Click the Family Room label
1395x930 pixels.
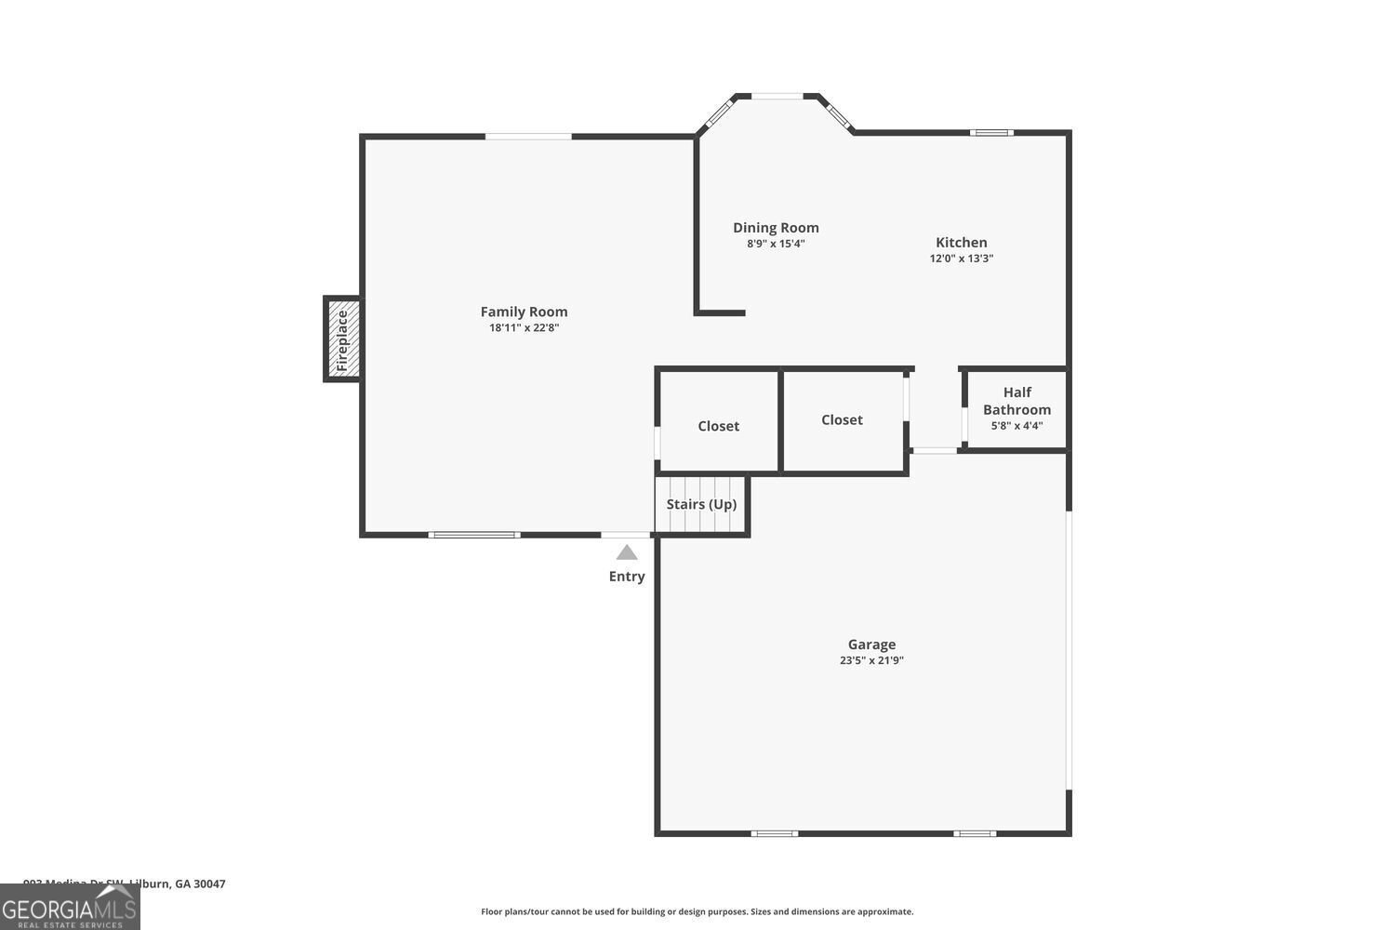point(524,312)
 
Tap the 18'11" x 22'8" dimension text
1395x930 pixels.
point(524,327)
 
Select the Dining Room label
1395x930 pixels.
point(776,228)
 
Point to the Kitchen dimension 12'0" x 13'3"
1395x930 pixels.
point(961,259)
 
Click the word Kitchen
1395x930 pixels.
point(961,243)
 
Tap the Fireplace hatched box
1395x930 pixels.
point(342,339)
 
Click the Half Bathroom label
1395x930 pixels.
point(1016,401)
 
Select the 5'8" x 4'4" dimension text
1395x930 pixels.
point(1016,426)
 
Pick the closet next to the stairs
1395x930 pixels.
point(719,426)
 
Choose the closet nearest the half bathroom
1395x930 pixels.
point(842,420)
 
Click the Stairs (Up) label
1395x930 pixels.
point(701,504)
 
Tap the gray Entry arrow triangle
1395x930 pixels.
point(627,552)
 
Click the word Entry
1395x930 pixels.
point(627,577)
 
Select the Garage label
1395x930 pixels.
point(871,644)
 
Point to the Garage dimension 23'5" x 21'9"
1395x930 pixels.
point(871,660)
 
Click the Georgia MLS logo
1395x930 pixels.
point(70,908)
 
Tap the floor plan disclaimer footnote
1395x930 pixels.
point(697,911)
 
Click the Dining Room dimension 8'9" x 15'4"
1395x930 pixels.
point(776,244)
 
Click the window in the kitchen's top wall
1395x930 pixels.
point(991,133)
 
